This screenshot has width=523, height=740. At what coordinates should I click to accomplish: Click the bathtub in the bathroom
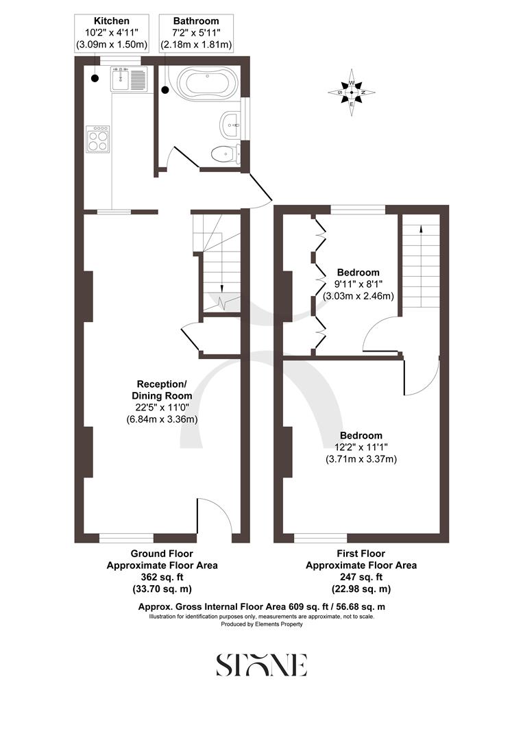click(x=205, y=84)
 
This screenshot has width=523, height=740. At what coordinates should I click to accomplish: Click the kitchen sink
click(x=128, y=77)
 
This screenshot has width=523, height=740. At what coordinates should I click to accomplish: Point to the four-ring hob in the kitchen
click(x=98, y=140)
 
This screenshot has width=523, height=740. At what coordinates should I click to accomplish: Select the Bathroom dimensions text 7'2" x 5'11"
click(x=196, y=33)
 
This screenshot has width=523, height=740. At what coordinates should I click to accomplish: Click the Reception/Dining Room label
click(x=162, y=390)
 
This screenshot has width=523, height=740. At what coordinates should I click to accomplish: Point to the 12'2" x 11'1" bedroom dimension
click(x=361, y=447)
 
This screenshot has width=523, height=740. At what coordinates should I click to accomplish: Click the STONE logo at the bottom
click(x=261, y=665)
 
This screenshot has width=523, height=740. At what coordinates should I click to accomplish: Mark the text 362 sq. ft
click(x=162, y=577)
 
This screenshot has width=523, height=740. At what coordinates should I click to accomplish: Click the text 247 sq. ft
click(x=361, y=577)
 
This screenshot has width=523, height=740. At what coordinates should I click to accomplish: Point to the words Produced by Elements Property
click(x=261, y=624)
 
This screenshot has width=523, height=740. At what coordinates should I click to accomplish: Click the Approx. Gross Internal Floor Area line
click(x=261, y=606)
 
